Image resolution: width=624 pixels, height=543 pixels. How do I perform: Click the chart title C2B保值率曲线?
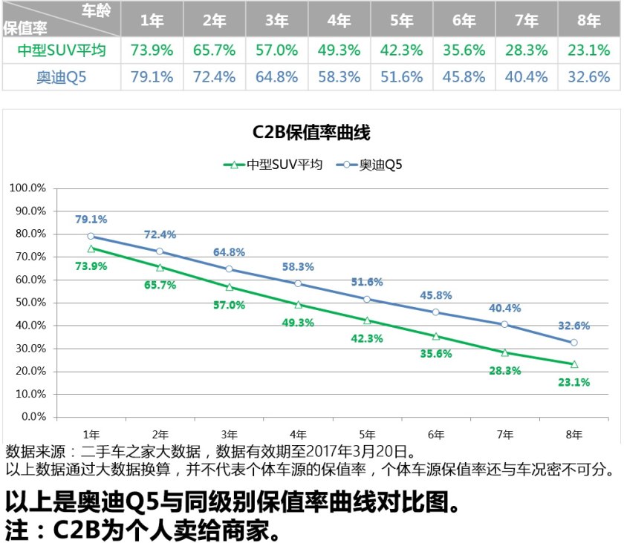[311, 133]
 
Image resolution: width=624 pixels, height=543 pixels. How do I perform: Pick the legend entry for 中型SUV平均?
[273, 165]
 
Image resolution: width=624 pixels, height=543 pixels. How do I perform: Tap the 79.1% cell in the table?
[152, 77]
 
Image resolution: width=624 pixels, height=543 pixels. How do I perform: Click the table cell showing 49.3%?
[339, 50]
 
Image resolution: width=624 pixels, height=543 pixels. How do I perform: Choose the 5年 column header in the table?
[401, 21]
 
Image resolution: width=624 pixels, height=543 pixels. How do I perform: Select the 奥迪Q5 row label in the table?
[62, 77]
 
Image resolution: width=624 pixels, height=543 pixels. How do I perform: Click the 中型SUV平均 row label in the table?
[62, 50]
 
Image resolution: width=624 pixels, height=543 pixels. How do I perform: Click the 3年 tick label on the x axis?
[229, 434]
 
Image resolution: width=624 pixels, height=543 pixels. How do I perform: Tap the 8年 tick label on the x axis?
[573, 434]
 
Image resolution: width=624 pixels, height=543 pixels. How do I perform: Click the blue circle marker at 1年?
[91, 236]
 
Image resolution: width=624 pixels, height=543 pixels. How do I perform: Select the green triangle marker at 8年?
[573, 364]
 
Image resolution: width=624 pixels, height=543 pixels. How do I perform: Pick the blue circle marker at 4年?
[298, 283]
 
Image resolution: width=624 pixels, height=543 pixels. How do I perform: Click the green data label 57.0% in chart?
[230, 305]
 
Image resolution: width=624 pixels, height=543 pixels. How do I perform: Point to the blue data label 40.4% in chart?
[505, 308]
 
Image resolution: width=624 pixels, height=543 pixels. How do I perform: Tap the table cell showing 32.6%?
[589, 77]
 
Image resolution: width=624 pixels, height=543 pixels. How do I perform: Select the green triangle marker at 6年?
[436, 336]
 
